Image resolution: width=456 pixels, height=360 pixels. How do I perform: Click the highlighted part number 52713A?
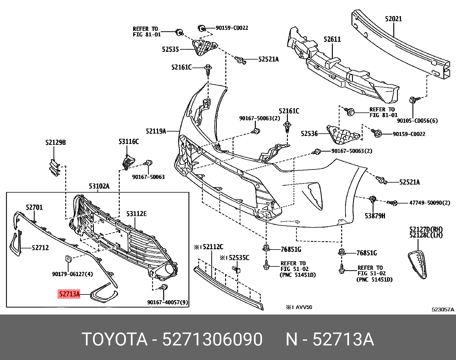[x=69, y=294]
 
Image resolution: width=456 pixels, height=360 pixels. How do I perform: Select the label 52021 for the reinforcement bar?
[x=393, y=19]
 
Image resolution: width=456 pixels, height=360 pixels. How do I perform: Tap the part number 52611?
[x=332, y=39]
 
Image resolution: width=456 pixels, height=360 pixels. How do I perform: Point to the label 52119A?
[x=156, y=131]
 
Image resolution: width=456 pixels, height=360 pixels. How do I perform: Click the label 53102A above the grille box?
[x=99, y=186]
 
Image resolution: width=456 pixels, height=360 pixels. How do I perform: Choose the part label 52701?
[x=34, y=207]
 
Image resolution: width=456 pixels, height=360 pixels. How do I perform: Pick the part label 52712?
[x=40, y=248]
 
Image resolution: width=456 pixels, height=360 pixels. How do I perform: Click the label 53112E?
[x=136, y=214]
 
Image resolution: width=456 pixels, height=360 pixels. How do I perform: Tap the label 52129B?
[x=56, y=142]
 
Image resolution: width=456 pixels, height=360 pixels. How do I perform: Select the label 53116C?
[x=129, y=141]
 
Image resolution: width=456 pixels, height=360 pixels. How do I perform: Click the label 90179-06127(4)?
[x=72, y=274]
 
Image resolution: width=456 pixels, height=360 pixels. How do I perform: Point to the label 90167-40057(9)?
[x=168, y=302]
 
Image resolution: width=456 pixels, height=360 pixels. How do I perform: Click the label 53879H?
[x=375, y=216]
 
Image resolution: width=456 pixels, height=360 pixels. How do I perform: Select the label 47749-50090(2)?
[x=430, y=203]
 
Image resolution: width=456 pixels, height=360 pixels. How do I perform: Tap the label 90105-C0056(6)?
[x=417, y=121]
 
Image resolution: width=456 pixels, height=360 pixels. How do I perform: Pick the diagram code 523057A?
[x=443, y=309]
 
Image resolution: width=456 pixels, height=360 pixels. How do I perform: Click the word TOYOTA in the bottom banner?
[x=115, y=340]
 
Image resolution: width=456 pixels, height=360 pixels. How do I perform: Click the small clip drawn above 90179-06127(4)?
[x=68, y=259]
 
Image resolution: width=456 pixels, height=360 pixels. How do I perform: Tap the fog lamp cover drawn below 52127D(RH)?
[x=418, y=264]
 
